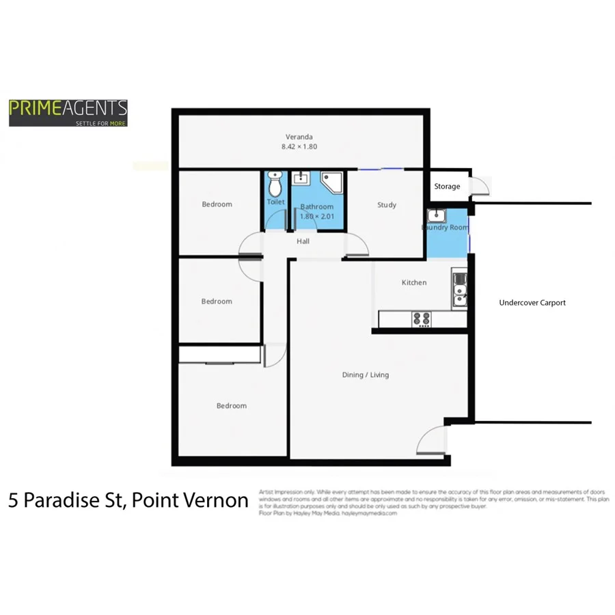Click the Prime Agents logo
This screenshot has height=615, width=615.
[68, 113]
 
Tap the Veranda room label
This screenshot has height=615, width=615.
[299, 136]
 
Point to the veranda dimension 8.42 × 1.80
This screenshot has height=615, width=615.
[299, 147]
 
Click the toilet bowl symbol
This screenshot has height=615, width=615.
[275, 184]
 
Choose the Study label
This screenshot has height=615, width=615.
[387, 205]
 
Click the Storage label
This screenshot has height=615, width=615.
[447, 187]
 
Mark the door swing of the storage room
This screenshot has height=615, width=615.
[482, 186]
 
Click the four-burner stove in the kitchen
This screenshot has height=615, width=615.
[421, 318]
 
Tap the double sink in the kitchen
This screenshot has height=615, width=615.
[460, 288]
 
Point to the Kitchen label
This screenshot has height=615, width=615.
[413, 282]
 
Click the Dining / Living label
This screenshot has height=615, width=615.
[365, 374]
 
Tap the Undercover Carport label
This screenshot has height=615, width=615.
[532, 303]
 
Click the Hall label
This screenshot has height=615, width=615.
[303, 241]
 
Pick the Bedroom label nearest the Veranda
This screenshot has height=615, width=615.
[217, 204]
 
